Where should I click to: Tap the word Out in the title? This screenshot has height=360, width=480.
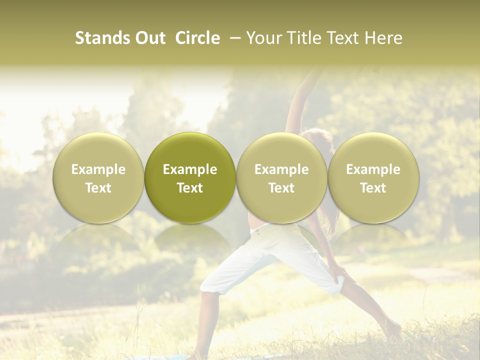click(x=148, y=38)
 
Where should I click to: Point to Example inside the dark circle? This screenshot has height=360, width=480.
click(x=190, y=169)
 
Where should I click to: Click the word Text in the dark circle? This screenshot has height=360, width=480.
click(x=190, y=188)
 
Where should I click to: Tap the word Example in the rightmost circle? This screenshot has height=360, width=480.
click(x=373, y=169)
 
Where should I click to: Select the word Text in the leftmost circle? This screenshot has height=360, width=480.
click(x=98, y=188)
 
